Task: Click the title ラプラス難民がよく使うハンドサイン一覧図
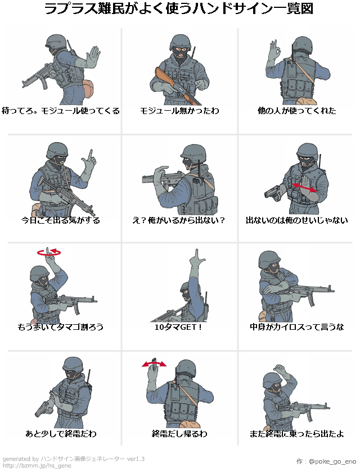(179, 10)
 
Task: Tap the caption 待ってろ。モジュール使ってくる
(61, 111)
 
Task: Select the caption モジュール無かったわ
(179, 111)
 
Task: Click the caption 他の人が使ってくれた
(296, 111)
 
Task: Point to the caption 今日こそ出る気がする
(61, 220)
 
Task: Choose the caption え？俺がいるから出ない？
(179, 220)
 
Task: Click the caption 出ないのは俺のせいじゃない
(296, 220)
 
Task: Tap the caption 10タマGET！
(178, 326)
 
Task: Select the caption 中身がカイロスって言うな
(296, 326)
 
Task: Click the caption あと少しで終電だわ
(61, 433)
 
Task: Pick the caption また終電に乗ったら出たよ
(296, 433)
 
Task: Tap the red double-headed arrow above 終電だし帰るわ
(154, 364)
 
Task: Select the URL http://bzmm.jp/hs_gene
(37, 466)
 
